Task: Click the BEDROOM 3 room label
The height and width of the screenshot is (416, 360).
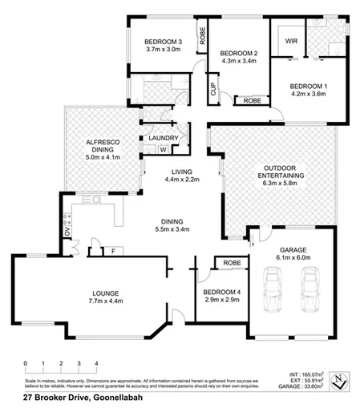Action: [x=164, y=42]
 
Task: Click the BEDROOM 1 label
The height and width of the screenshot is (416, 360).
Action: [x=308, y=85]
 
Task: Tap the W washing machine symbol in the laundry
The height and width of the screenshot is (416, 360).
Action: [x=163, y=149]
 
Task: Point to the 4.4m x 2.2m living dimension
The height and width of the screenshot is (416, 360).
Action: [x=182, y=180]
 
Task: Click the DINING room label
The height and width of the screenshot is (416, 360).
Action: [x=172, y=221]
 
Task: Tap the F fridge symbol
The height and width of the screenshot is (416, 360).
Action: [x=113, y=252]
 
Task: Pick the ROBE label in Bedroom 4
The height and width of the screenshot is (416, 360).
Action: [x=233, y=262]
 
